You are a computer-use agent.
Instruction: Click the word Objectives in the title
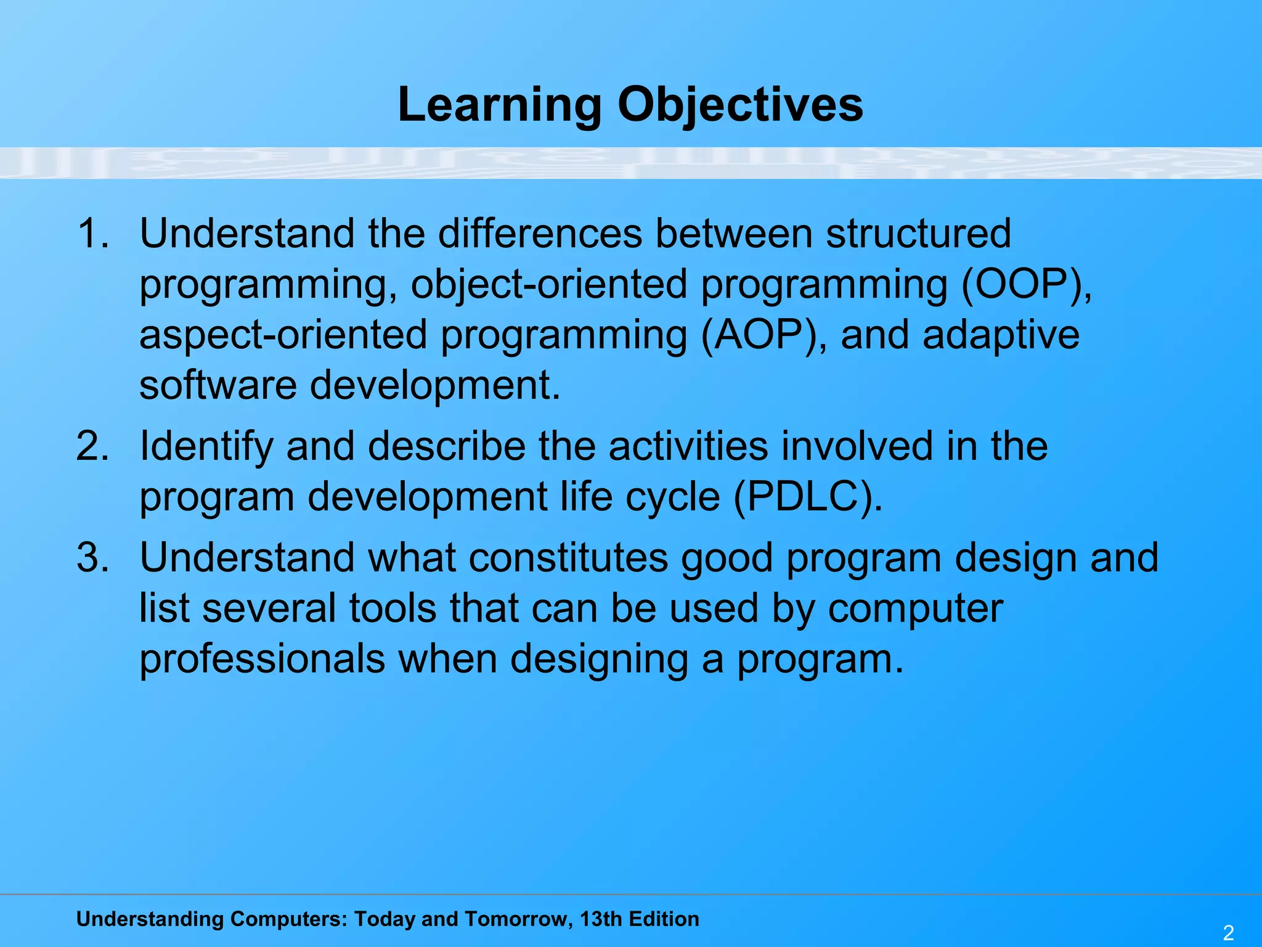(x=740, y=105)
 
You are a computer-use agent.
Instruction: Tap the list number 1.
(x=92, y=234)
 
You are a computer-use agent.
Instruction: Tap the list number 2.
(x=92, y=446)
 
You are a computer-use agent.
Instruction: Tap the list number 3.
(x=92, y=557)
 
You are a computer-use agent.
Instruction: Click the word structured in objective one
(x=918, y=234)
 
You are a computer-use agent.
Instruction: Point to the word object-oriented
(x=548, y=284)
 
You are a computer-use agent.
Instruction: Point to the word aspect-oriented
(x=283, y=335)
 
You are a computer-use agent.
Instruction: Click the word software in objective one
(x=218, y=385)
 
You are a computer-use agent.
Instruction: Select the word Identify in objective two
(x=206, y=446)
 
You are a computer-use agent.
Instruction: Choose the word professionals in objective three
(x=262, y=658)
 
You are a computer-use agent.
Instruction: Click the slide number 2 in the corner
(x=1228, y=932)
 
